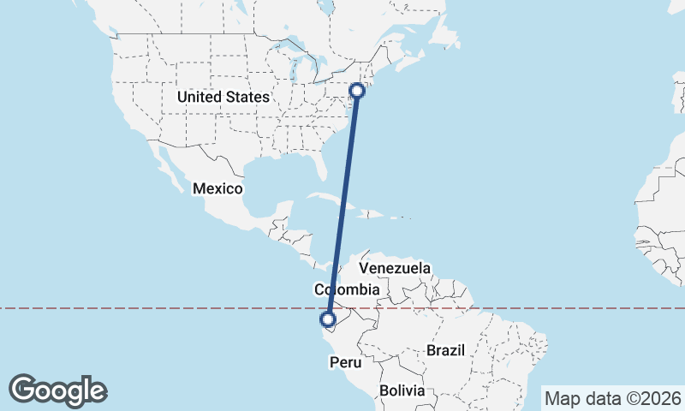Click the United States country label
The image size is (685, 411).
click(223, 98)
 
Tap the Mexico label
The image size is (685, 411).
click(217, 188)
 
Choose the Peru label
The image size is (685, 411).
click(345, 363)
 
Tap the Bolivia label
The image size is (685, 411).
click(402, 390)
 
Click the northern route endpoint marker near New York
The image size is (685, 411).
click(358, 89)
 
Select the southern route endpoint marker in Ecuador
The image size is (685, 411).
click(327, 320)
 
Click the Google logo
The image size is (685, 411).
click(57, 390)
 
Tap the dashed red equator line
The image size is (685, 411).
click(557, 308)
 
